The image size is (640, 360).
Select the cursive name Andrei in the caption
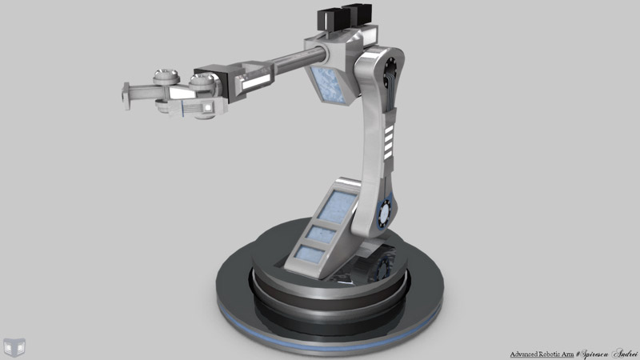click(x=624, y=353)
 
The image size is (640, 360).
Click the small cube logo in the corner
click(x=14, y=346)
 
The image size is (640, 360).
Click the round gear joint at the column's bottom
click(x=384, y=213)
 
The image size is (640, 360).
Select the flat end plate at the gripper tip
click(x=126, y=95)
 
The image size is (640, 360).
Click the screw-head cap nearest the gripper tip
click(x=166, y=78)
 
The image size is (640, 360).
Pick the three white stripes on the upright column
click(x=389, y=142)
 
